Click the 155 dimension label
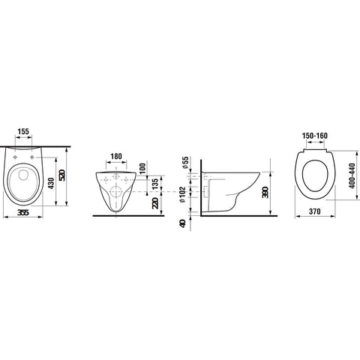tap(23, 131)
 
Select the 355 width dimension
tap(23, 212)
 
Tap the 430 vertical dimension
tap(51, 183)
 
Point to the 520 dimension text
tap(62, 175)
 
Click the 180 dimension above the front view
tap(116, 156)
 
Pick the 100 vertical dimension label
tap(142, 169)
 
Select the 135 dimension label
tap(155, 184)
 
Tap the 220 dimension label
tap(155, 203)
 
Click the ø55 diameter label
tap(185, 163)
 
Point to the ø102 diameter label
tap(183, 194)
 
